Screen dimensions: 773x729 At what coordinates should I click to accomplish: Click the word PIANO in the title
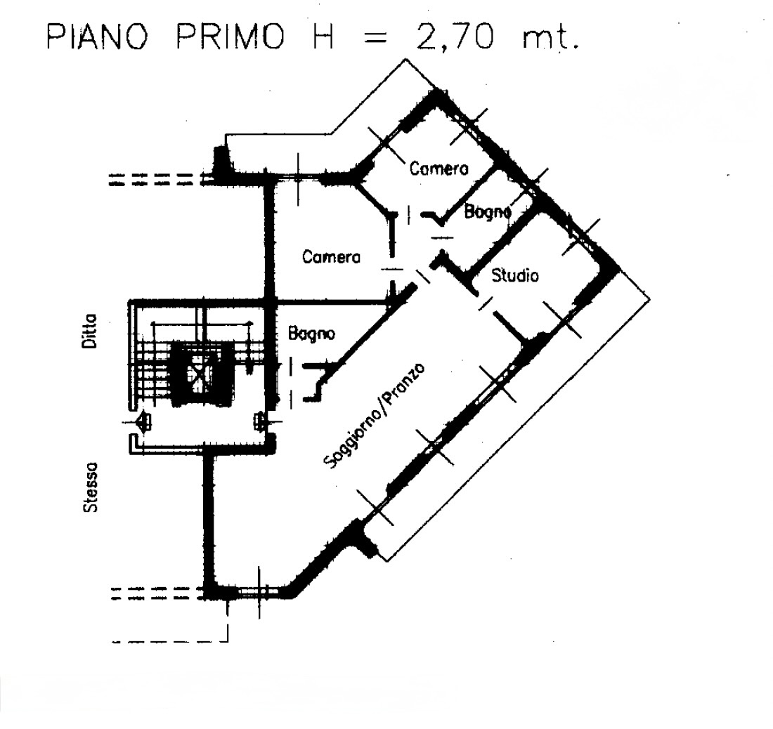[98, 37]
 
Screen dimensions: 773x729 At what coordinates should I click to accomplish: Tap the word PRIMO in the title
[231, 37]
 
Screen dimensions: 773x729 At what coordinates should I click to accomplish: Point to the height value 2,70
[455, 37]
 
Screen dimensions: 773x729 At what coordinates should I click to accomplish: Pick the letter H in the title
[323, 37]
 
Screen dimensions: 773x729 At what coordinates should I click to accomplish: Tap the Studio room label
[515, 275]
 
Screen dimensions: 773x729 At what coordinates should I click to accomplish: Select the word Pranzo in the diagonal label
[405, 383]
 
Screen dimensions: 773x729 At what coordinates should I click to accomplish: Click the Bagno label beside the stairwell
[311, 334]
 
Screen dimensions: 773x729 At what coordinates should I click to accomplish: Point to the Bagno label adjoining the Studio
[488, 212]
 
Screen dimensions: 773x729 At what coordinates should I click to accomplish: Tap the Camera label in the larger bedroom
[331, 256]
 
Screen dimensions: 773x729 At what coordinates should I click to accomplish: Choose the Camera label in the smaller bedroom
[439, 169]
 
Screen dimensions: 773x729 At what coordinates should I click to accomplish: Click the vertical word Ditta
[90, 331]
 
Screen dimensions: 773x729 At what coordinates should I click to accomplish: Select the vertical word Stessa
[90, 487]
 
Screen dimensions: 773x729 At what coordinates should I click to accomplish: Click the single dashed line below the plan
[171, 641]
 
